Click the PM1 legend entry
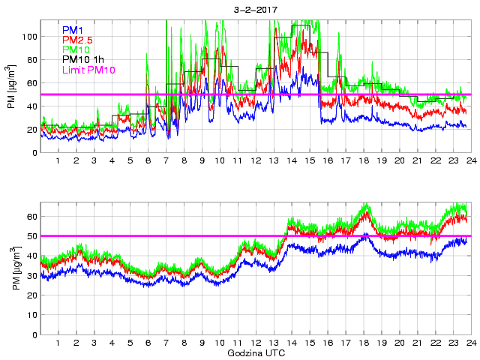tap(73, 30)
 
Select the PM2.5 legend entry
tap(77, 40)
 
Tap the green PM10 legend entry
tap(76, 49)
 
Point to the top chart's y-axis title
tap(11, 87)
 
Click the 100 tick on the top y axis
tap(28, 36)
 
